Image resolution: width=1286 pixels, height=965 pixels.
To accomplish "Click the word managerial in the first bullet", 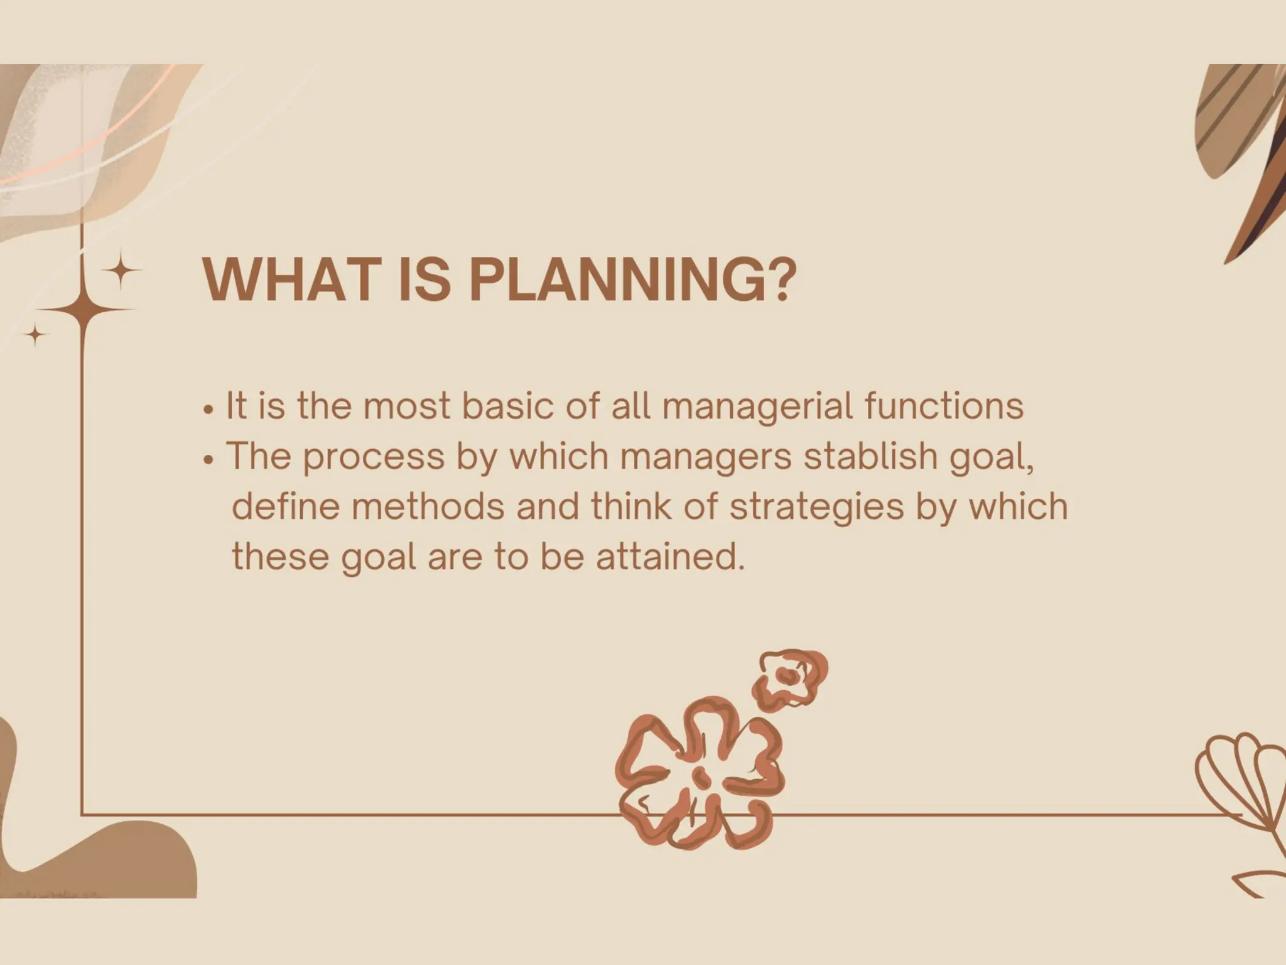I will click(757, 406).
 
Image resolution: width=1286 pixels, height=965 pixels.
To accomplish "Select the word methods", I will click(428, 506).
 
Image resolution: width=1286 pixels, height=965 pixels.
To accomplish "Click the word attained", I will click(670, 557).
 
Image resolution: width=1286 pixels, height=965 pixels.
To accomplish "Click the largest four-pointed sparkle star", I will click(84, 309).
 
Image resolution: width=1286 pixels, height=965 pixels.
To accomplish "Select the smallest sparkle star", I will click(36, 334).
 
